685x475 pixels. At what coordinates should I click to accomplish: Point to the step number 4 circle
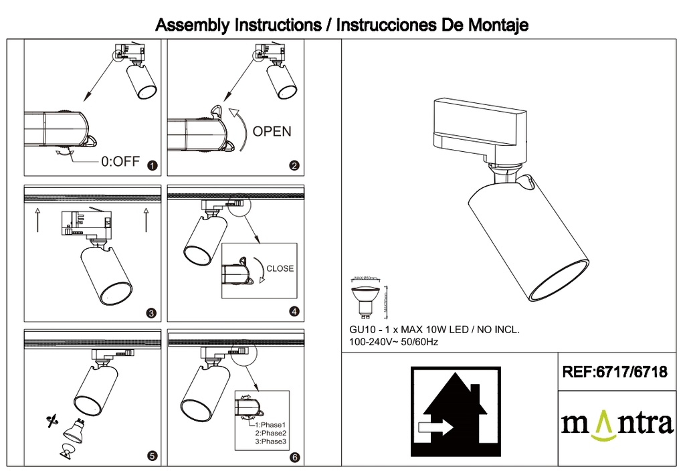tap(294, 311)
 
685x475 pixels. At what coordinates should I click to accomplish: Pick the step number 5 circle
tap(152, 456)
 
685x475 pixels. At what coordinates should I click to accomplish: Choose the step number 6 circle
tap(295, 458)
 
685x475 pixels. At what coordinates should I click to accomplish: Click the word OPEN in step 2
tap(272, 131)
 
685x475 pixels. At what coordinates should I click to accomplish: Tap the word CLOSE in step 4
tap(280, 268)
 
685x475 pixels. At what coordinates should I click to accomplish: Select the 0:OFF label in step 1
tap(120, 162)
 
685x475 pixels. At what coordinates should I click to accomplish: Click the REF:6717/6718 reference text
tap(615, 373)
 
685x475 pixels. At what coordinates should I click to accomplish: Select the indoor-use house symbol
tap(455, 411)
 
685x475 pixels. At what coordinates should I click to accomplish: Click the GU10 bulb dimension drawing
tap(367, 298)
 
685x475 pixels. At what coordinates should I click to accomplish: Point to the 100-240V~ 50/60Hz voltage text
tap(393, 342)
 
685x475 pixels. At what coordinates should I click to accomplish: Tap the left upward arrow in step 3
tap(37, 219)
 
